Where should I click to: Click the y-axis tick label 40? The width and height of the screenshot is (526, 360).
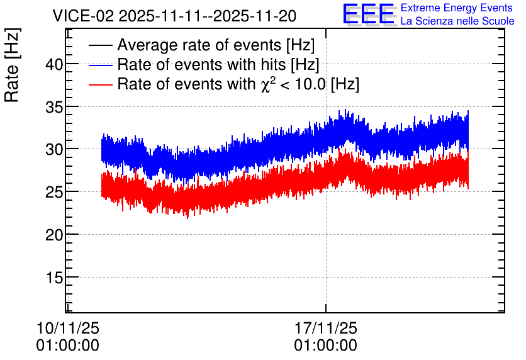point(54,64)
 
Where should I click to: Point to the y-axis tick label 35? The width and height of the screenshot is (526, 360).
point(54,106)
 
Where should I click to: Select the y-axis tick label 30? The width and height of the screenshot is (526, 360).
point(54,149)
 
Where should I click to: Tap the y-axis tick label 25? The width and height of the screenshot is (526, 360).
point(54,191)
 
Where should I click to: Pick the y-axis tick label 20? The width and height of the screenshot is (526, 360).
point(54,235)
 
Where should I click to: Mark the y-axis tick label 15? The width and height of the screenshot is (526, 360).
point(54,277)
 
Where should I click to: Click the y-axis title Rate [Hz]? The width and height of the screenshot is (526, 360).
point(12,65)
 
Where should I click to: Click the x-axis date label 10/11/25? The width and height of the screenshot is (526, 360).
point(68,328)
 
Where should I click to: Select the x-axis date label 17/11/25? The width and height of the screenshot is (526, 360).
point(326,328)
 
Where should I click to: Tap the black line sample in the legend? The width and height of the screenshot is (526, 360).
point(100,45)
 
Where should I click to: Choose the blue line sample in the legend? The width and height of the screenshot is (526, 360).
point(100,65)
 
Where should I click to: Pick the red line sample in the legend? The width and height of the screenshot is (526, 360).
point(100,84)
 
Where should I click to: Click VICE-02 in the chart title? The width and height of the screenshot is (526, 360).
point(84,16)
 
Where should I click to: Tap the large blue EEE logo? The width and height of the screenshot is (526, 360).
point(369,14)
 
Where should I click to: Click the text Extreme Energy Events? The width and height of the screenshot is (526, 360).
point(457,8)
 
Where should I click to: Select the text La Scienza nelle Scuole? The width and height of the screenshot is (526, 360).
point(457,21)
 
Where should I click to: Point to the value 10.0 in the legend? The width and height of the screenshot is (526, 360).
point(310,84)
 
